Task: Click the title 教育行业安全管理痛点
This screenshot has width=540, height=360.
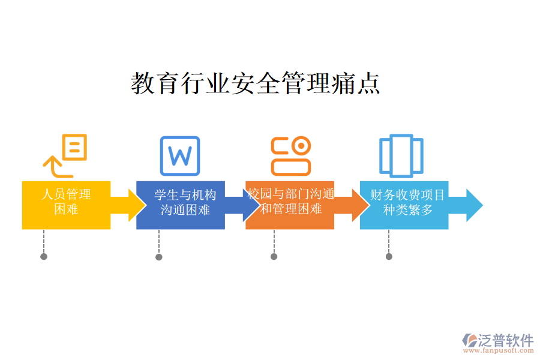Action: (256, 83)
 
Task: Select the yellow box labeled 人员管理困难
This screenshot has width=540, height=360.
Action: (66, 205)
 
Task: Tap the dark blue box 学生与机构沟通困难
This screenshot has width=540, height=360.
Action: (180, 205)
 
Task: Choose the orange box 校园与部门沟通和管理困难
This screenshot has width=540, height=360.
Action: (290, 205)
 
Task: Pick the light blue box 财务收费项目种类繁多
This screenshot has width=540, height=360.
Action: (404, 205)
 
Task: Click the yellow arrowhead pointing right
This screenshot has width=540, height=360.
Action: (132, 205)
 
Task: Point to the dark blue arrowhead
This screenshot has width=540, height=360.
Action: (247, 205)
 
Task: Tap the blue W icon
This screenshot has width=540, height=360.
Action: (179, 156)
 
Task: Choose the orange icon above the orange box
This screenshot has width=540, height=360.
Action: (291, 155)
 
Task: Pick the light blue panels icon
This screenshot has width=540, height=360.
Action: (401, 155)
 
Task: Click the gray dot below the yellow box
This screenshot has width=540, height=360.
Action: (44, 257)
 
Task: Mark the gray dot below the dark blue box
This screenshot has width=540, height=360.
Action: (159, 257)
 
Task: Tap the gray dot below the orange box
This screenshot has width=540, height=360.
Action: (274, 257)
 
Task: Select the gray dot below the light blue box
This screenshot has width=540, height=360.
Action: (389, 257)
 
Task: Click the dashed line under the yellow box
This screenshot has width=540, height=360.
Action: (44, 241)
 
